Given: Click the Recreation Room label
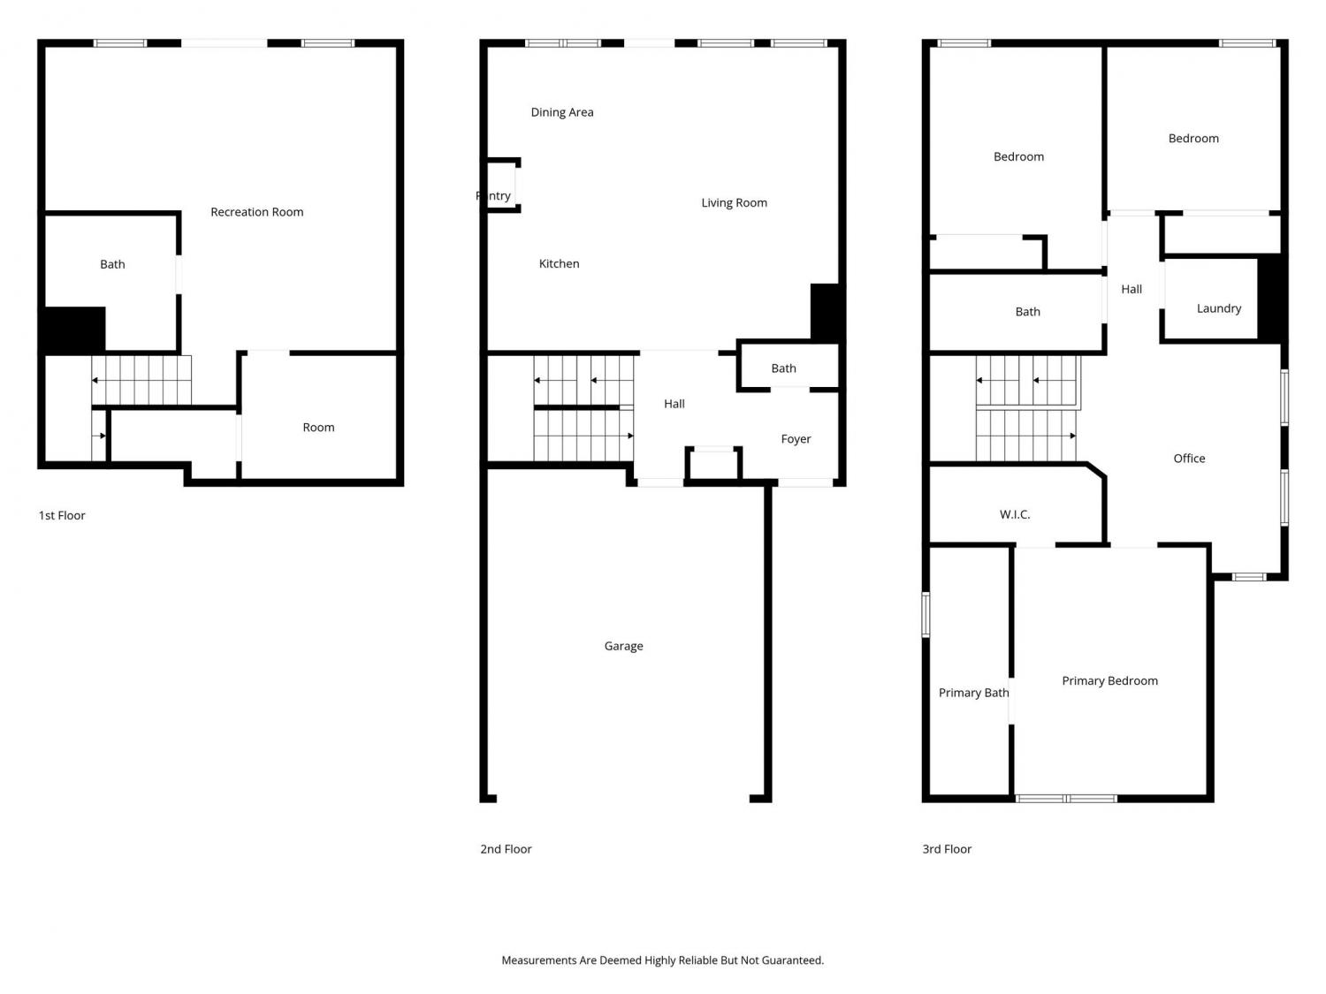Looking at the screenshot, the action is pyautogui.click(x=256, y=212).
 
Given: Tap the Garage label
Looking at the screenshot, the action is pyautogui.click(x=623, y=646).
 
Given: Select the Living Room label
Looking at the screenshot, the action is pyautogui.click(x=734, y=203).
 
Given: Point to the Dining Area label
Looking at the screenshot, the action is pyautogui.click(x=562, y=112).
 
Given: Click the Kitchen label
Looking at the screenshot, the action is pyautogui.click(x=559, y=263).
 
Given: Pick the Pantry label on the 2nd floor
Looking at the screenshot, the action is pyautogui.click(x=493, y=195).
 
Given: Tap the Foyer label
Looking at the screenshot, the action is pyautogui.click(x=796, y=439).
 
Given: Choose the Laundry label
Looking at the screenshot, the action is pyautogui.click(x=1218, y=308).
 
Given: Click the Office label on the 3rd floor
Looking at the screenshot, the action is pyautogui.click(x=1189, y=458).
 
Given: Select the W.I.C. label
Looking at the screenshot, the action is pyautogui.click(x=1014, y=514).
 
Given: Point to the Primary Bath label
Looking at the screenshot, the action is pyautogui.click(x=973, y=693).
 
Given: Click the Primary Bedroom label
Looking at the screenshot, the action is pyautogui.click(x=1109, y=680).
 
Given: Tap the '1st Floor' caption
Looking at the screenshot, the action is pyautogui.click(x=62, y=515).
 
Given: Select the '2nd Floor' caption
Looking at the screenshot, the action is pyautogui.click(x=506, y=849).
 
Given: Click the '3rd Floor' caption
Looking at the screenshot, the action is pyautogui.click(x=947, y=849).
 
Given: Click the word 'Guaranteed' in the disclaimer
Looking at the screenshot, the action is pyautogui.click(x=791, y=960).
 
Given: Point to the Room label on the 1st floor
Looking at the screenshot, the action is pyautogui.click(x=318, y=428).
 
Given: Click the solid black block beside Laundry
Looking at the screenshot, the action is pyautogui.click(x=1271, y=298).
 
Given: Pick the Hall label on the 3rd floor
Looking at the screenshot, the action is pyautogui.click(x=1131, y=289).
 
